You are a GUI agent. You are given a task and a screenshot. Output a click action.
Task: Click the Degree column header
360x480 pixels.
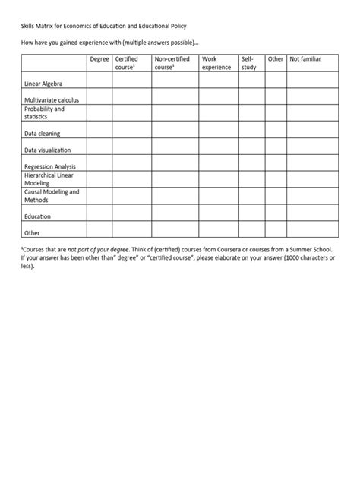coord(99,59)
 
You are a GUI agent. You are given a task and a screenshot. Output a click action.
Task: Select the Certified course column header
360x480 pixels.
coord(128,63)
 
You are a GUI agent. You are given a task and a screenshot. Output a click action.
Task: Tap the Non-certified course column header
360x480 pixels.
coord(171,63)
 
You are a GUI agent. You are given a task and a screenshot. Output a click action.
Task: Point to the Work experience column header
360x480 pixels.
coord(216,63)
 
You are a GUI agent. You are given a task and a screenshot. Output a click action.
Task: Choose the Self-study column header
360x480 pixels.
coord(249,63)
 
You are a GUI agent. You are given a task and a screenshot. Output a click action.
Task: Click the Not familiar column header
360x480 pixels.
coord(305,59)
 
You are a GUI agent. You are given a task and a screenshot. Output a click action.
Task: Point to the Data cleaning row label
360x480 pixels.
coord(42,134)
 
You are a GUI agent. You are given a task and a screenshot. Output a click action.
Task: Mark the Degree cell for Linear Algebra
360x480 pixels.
coord(99,81)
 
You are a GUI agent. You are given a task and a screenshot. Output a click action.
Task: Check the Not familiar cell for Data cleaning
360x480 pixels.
coord(311,130)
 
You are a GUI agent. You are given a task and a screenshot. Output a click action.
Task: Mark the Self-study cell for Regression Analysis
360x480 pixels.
coord(252,163)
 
